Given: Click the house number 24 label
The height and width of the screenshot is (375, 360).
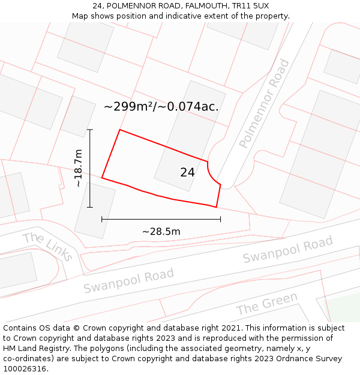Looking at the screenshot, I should click(x=187, y=172).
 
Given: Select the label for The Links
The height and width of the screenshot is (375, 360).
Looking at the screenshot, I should click(x=48, y=246).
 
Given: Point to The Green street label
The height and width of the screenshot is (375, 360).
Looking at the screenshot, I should click(x=266, y=304).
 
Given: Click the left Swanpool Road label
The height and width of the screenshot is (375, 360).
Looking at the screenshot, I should click(x=128, y=281).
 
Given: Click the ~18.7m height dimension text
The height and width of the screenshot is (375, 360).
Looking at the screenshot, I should click(x=79, y=169).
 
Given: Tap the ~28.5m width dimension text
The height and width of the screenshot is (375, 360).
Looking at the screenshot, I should click(x=161, y=232).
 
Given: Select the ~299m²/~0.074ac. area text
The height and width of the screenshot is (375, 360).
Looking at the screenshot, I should click(x=161, y=107).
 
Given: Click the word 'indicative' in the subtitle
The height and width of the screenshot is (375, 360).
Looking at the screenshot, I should click(x=204, y=16).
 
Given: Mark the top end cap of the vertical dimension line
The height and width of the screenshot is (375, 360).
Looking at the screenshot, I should click(x=90, y=130).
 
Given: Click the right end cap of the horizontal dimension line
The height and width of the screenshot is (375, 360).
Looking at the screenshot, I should click(x=220, y=219).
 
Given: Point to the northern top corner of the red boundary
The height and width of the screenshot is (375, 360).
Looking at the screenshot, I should click(x=120, y=130).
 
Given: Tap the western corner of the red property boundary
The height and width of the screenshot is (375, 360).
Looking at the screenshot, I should click(x=102, y=178).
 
